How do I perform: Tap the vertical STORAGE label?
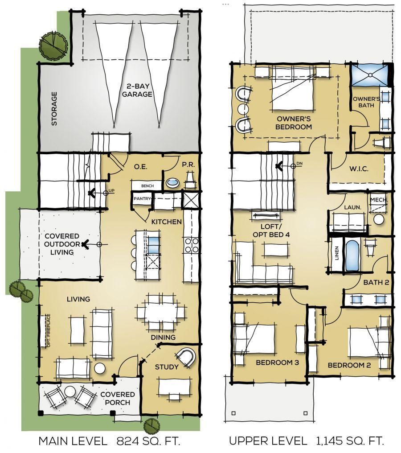(54, 109)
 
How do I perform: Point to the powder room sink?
(172, 183)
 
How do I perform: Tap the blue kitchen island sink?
(152, 244)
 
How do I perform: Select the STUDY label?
(167, 367)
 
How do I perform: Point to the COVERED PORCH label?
(117, 398)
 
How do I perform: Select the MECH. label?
(379, 200)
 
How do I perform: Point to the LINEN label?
(336, 255)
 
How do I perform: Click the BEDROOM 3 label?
(278, 362)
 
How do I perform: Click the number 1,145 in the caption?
(328, 441)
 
